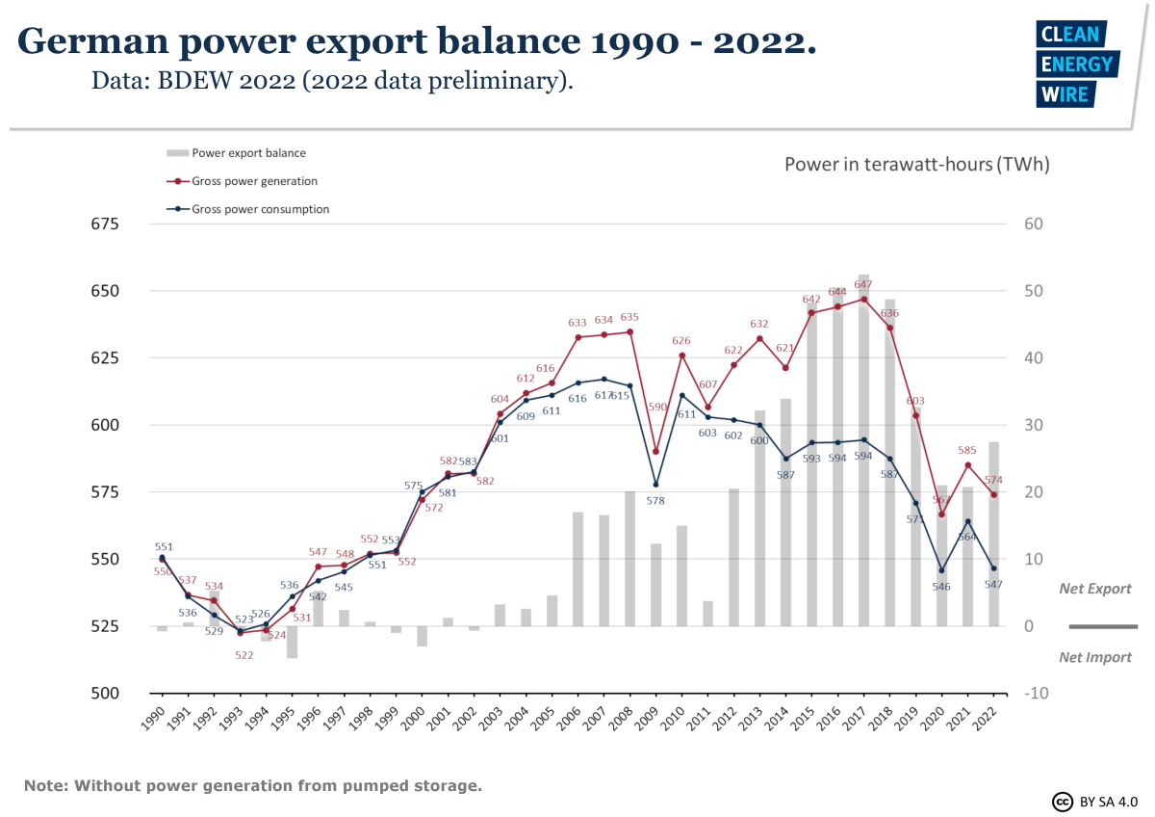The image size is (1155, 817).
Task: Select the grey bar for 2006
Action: [578, 568]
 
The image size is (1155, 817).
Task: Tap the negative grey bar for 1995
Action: [293, 642]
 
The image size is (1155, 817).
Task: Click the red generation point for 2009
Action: [656, 451]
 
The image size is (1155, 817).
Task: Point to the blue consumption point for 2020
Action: [942, 570]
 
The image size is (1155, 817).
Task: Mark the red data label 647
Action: [862, 284]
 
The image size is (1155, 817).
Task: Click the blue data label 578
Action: [656, 501]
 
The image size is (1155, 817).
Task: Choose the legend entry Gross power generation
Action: [254, 181]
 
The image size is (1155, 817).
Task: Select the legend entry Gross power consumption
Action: [260, 209]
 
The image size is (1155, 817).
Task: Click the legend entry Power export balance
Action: [248, 152]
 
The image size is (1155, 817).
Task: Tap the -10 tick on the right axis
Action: [1036, 694]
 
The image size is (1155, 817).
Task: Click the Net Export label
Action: [1095, 589]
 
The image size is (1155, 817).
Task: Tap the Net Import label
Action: [1095, 657]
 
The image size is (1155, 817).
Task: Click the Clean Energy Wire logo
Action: [1076, 65]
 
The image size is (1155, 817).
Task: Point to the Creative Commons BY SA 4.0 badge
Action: [1093, 802]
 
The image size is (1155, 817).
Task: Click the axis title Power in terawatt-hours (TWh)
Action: [916, 164]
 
